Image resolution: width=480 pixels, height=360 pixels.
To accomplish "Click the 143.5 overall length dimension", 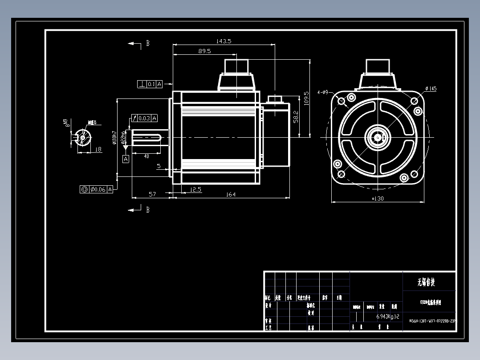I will tap(224, 41).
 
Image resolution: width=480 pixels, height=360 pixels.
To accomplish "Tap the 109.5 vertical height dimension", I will tap(306, 98).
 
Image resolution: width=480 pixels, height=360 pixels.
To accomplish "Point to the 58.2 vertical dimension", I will tap(296, 118).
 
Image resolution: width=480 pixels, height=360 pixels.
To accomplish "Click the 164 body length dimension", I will tap(231, 194).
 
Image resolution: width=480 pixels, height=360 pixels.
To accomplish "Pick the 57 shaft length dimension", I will tap(152, 194).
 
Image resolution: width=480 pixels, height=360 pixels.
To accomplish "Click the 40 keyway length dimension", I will tap(146, 156).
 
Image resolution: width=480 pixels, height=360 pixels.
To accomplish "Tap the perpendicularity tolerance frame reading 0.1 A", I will tap(150, 84).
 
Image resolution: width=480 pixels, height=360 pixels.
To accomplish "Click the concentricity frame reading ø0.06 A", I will tap(97, 189).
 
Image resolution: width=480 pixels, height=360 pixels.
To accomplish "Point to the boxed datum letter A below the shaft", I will tap(126, 159).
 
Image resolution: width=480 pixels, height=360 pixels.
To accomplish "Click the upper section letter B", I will tap(147, 44).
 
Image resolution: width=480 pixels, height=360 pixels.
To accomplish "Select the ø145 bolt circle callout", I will tap(431, 89).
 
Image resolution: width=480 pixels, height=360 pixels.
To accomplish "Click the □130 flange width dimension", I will tap(378, 199).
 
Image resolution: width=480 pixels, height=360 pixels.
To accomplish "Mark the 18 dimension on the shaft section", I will tap(98, 150).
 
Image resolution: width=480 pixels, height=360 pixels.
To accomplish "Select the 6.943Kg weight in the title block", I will tap(384, 316).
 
